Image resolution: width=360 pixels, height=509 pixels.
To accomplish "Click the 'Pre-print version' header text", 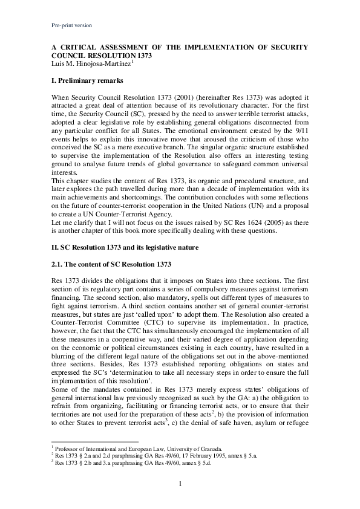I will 70,25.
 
